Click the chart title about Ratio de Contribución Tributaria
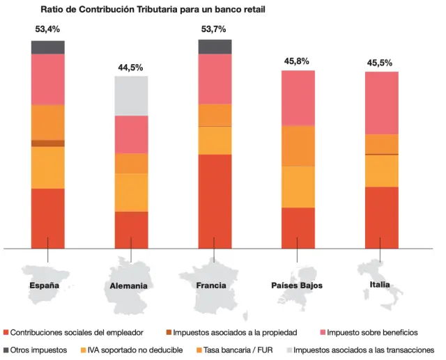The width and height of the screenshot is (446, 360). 153,10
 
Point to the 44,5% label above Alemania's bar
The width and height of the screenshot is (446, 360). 130,68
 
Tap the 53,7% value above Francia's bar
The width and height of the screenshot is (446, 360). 213,29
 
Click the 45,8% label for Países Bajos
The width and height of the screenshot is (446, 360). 297,61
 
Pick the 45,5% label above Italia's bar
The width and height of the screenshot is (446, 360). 380,63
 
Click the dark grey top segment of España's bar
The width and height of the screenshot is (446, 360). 48,47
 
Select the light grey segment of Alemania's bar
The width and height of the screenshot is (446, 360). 131,95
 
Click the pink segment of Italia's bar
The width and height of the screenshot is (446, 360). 381,102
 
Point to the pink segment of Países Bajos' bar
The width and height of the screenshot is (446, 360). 298,97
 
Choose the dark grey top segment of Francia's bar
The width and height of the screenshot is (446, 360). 215,47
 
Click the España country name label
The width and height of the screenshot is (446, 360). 44,285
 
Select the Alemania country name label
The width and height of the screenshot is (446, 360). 128,286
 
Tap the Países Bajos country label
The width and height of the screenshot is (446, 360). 296,285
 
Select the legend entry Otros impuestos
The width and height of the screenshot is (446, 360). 39,350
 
